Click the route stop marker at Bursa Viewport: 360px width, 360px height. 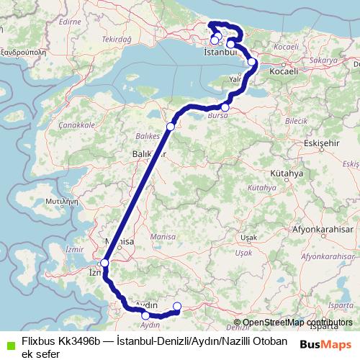tap(225, 107)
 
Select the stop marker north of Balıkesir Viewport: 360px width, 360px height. tap(171, 127)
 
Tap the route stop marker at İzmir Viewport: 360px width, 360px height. tap(105, 263)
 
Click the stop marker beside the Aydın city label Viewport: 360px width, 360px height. tap(145, 315)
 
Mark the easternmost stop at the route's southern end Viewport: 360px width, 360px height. tap(177, 307)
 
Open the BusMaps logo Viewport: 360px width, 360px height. tap(325, 343)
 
